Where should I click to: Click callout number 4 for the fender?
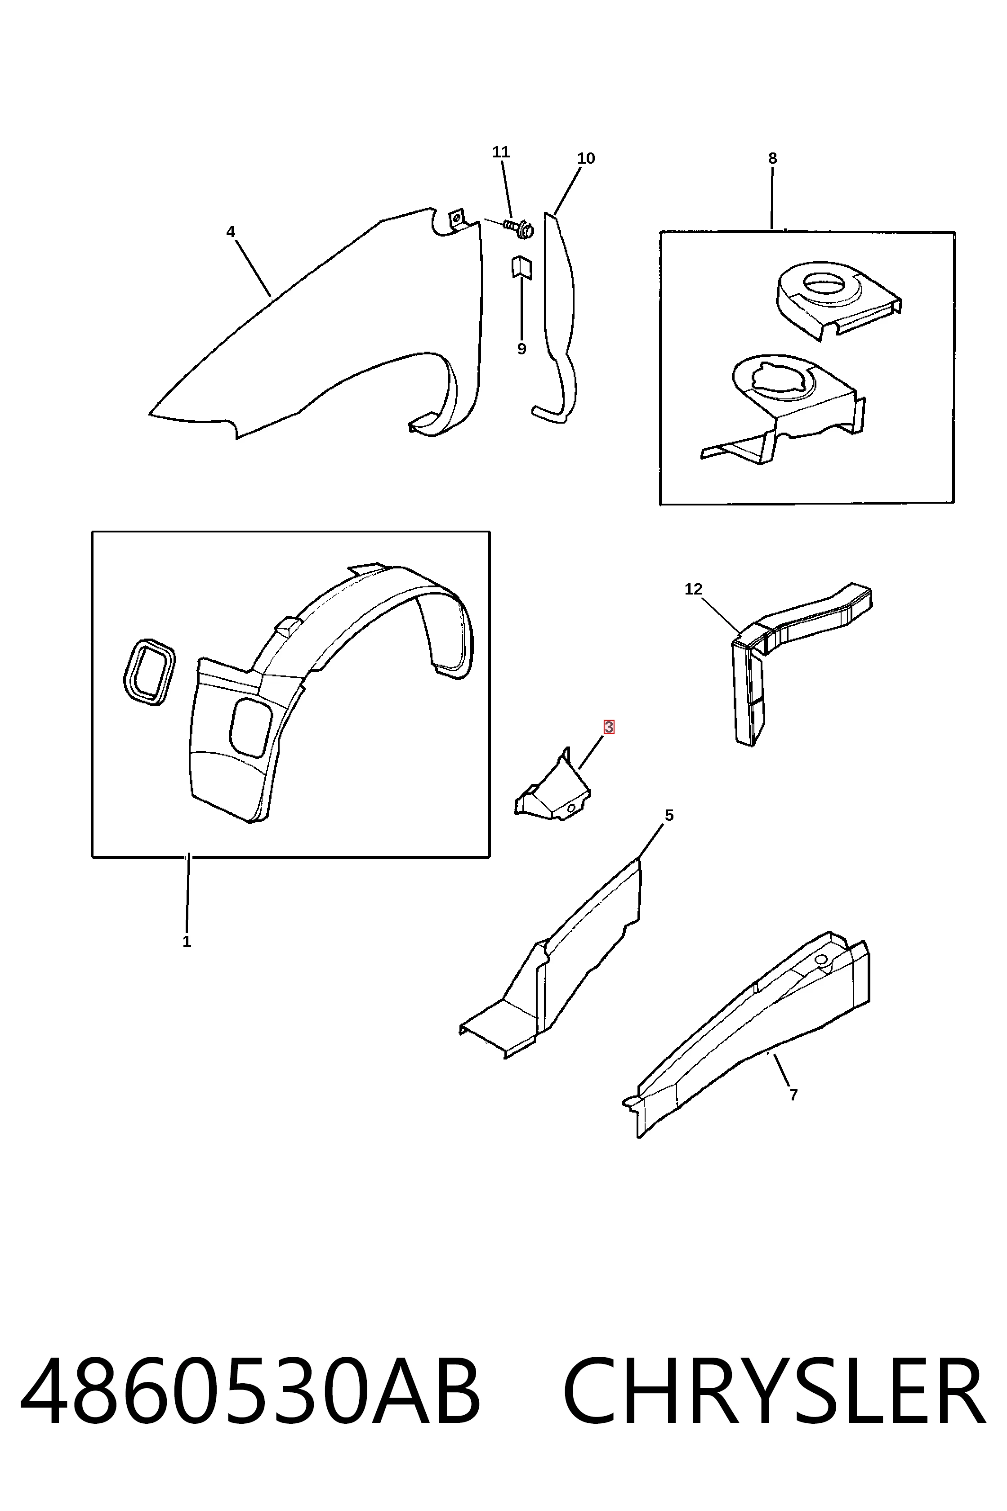(231, 232)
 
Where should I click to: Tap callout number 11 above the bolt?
(501, 152)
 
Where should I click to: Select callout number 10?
(586, 158)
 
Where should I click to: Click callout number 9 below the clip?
(521, 349)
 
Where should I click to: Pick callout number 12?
(694, 589)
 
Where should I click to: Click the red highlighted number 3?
(609, 727)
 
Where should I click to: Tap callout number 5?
(669, 815)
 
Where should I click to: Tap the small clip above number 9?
(521, 268)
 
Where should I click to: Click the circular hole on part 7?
(821, 959)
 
